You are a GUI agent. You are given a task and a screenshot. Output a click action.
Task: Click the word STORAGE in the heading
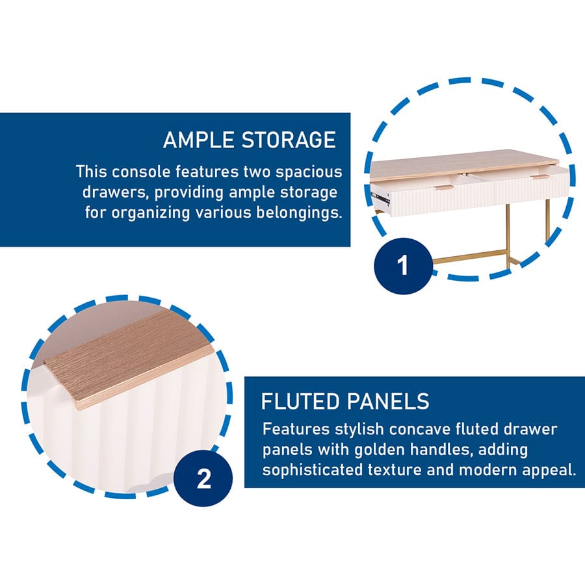point(289,140)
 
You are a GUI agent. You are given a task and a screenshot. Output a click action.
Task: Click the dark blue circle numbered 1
point(403,266)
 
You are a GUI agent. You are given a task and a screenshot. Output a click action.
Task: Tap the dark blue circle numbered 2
point(203,478)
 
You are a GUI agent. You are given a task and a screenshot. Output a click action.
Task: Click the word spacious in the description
point(309,172)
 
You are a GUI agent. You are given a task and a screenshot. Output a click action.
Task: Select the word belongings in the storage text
point(299,213)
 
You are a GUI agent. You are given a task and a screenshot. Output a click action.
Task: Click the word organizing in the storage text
point(150,213)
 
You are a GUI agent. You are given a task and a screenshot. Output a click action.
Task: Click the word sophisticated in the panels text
point(312,470)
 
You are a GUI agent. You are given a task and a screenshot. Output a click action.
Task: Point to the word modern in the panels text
point(487,470)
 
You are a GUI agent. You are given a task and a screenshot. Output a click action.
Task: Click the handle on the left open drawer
point(443,186)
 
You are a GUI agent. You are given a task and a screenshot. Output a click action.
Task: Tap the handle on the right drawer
point(541,177)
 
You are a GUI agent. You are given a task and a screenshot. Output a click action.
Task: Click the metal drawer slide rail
point(382,198)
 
